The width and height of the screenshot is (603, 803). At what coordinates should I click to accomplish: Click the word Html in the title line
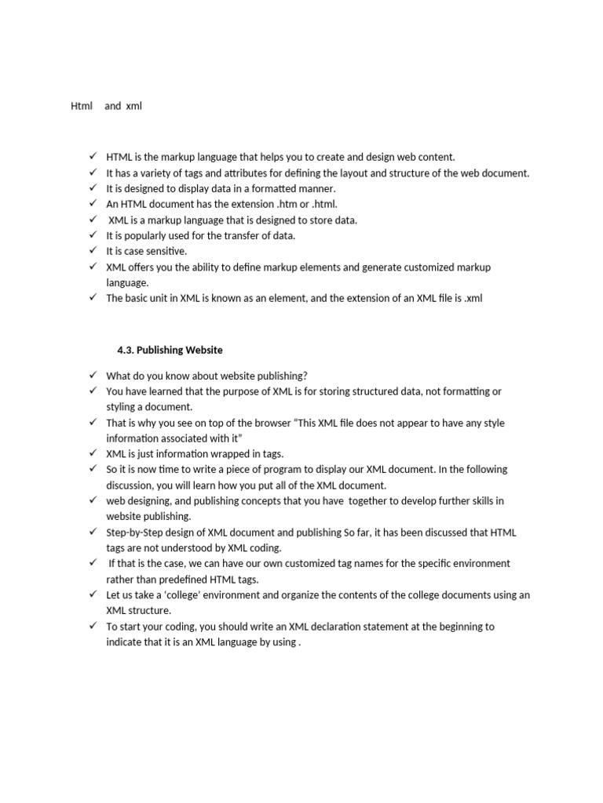click(82, 106)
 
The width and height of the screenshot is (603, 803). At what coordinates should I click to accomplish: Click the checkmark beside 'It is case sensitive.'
click(93, 250)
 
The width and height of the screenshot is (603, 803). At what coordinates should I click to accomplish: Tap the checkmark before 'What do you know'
click(93, 375)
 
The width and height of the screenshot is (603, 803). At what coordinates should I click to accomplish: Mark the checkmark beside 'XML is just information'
click(93, 453)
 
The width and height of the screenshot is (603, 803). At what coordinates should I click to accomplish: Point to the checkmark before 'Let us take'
click(93, 594)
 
